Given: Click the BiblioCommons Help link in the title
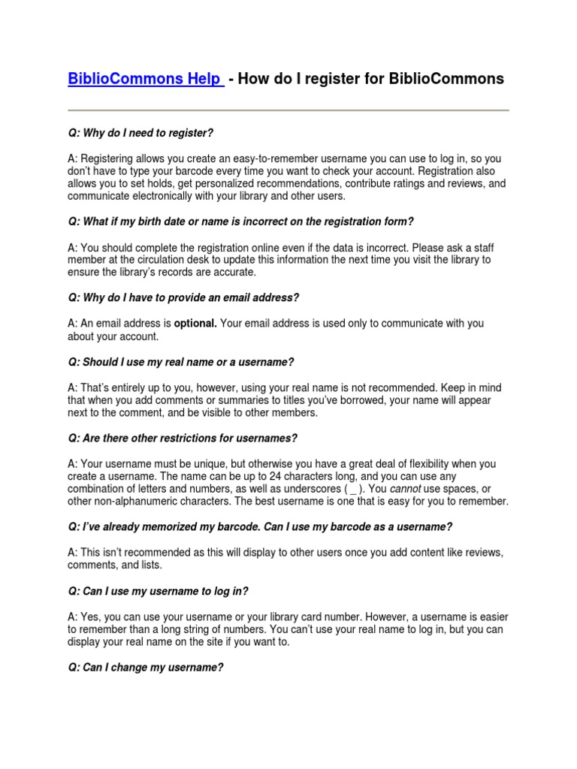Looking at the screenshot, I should [146, 79].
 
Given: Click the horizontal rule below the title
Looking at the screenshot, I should [288, 111].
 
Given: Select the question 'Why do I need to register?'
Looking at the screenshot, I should [140, 133].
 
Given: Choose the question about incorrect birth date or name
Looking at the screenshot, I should [240, 222].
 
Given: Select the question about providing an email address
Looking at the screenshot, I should [183, 298].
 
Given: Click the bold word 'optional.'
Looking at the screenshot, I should [195, 324].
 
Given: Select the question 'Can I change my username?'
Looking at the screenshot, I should [145, 667].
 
